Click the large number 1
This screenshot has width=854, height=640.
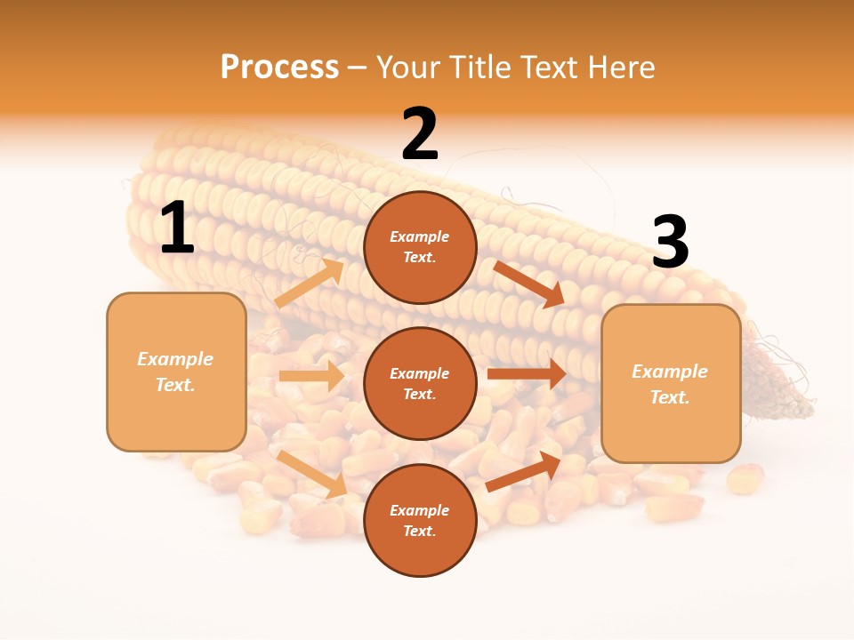click(177, 228)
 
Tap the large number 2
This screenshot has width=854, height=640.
click(420, 134)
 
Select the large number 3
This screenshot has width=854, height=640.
click(671, 242)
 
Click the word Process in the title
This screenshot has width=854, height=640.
click(279, 67)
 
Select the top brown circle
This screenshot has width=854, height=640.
click(420, 247)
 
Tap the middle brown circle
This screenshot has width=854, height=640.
click(420, 383)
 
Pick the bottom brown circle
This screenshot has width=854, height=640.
click(420, 520)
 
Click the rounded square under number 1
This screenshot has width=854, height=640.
click(176, 372)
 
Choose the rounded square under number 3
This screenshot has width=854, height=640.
click(671, 383)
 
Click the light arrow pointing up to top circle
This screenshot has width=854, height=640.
click(309, 284)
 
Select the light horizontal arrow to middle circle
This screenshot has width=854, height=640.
click(311, 376)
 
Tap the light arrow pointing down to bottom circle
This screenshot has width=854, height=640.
click(312, 474)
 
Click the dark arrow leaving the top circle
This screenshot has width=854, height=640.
click(528, 284)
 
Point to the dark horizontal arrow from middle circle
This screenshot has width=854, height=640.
click(527, 374)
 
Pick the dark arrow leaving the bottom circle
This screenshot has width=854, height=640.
click(524, 471)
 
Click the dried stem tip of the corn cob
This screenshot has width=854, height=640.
click(783, 391)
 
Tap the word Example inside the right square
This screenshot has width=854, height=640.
click(670, 372)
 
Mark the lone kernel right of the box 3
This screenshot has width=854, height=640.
click(745, 479)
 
